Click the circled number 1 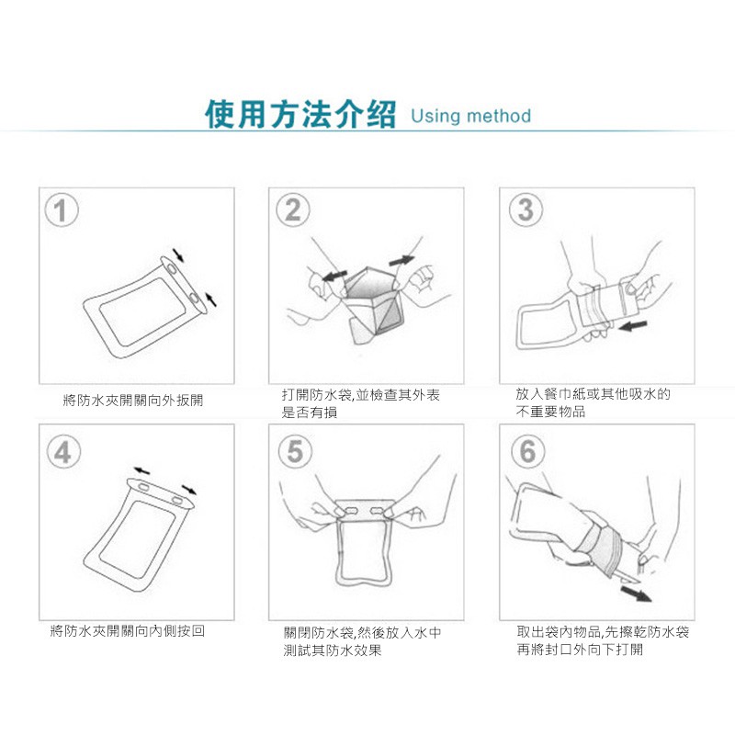click(x=62, y=210)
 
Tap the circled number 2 click(x=293, y=209)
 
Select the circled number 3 click(x=526, y=209)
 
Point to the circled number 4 click(x=63, y=452)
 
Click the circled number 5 click(x=295, y=451)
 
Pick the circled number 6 click(x=528, y=451)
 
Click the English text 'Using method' click(x=470, y=116)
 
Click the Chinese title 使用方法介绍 click(x=300, y=114)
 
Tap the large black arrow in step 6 click(x=636, y=594)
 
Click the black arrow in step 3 click(x=633, y=325)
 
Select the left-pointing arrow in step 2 click(x=334, y=276)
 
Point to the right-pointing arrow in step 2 click(x=401, y=260)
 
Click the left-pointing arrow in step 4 click(x=141, y=470)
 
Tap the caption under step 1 click(x=133, y=401)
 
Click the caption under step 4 click(x=128, y=631)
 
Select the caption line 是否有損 click(x=310, y=413)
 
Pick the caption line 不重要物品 click(x=550, y=412)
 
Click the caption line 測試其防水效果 click(x=333, y=650)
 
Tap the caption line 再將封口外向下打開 click(x=580, y=650)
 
